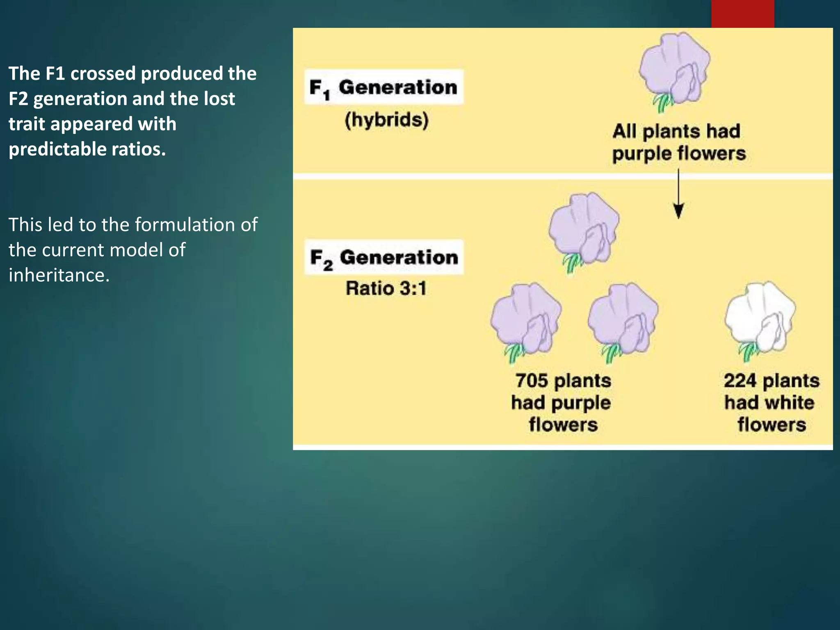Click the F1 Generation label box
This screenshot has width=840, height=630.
(x=384, y=87)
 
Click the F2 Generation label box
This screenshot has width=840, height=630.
(x=384, y=257)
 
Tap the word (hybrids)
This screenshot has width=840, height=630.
(x=386, y=120)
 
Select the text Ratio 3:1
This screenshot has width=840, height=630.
(x=386, y=288)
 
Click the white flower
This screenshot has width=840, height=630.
(x=760, y=316)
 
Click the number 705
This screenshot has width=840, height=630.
(x=532, y=381)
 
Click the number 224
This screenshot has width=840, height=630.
(x=740, y=381)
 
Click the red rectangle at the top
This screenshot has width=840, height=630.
(x=742, y=14)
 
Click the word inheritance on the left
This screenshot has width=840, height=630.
(x=59, y=275)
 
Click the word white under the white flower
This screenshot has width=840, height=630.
(x=790, y=403)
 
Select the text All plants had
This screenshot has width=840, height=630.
(x=676, y=132)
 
